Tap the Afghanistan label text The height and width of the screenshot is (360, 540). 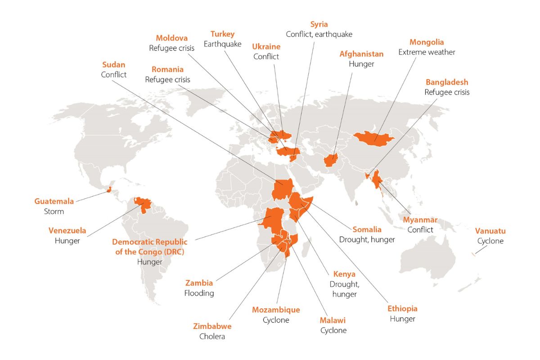(x=361, y=54)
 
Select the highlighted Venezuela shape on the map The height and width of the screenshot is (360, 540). (x=144, y=205)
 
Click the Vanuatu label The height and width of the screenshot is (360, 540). (x=490, y=231)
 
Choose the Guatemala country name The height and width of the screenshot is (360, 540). (x=54, y=201)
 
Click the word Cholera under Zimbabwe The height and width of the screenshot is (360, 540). (x=212, y=336)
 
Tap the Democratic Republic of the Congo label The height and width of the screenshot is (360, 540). (x=149, y=247)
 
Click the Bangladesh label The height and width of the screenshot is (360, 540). (x=447, y=82)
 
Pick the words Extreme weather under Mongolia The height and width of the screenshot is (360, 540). (x=427, y=52)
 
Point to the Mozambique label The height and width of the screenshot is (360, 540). (x=276, y=310)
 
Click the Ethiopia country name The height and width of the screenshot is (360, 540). (x=402, y=309)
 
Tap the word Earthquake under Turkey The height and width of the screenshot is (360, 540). (x=223, y=44)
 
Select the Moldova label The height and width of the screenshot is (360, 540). (x=171, y=38)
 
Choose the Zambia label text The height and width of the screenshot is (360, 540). (x=199, y=283)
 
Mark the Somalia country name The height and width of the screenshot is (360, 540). (x=367, y=229)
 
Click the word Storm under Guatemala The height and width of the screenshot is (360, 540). (x=54, y=211)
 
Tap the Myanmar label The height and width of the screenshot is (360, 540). (x=420, y=220)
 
